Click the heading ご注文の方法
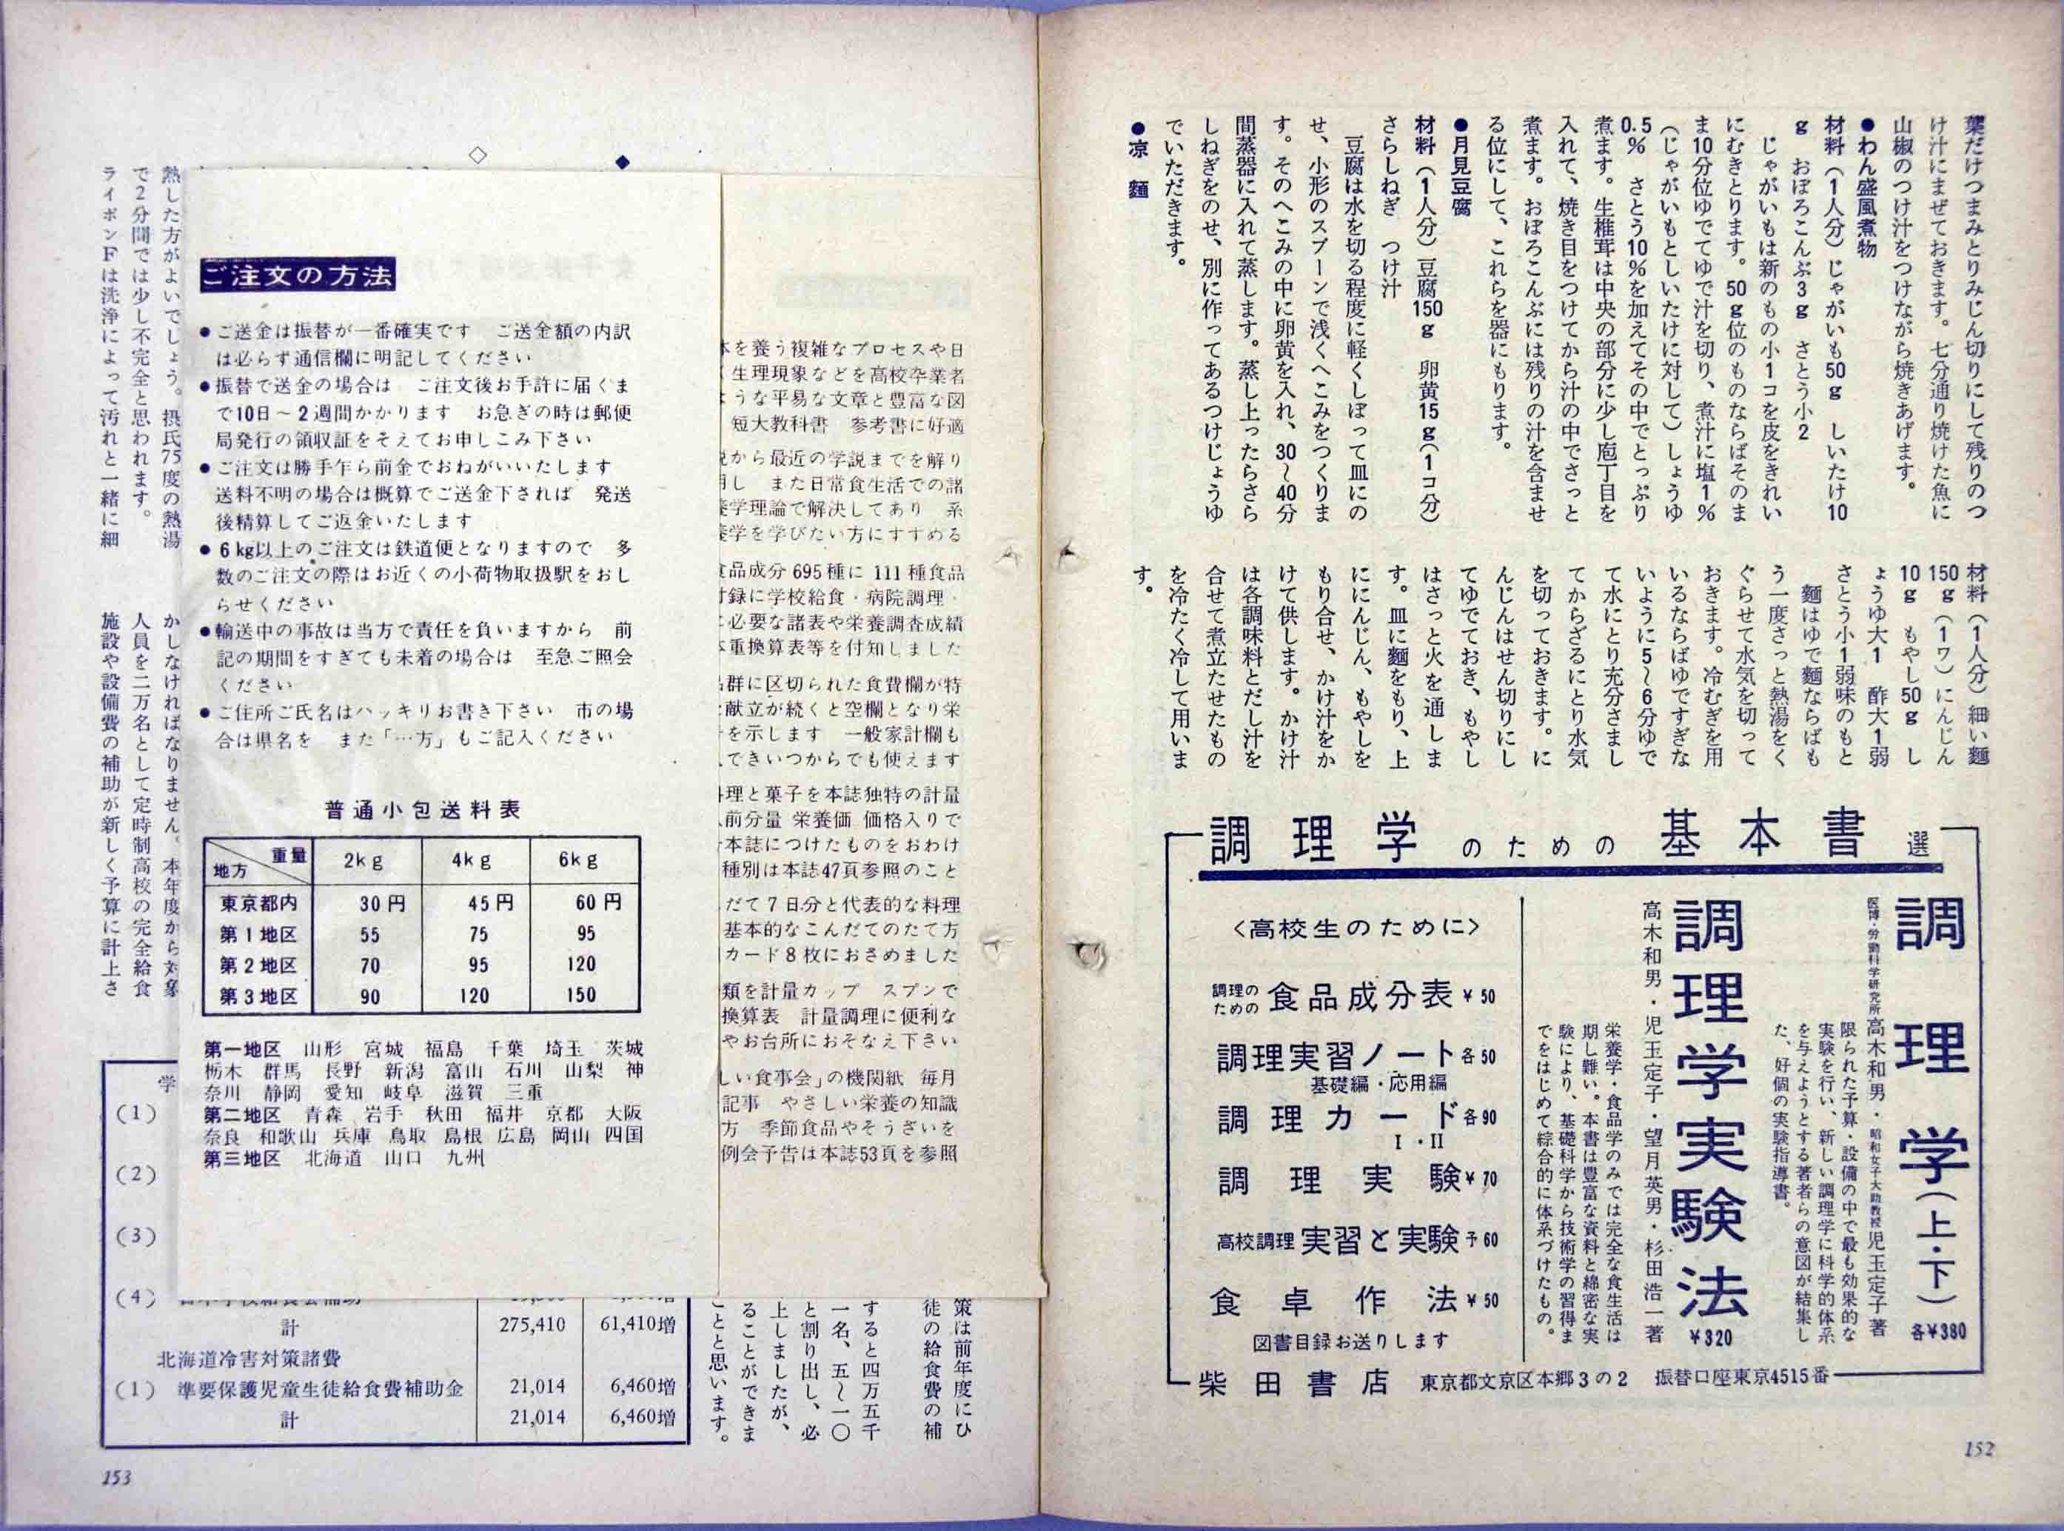click(x=298, y=276)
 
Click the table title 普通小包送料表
click(x=422, y=810)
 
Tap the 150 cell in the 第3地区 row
click(x=581, y=995)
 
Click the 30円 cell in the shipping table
click(x=383, y=902)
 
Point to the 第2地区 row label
click(x=258, y=965)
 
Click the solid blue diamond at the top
click(x=622, y=162)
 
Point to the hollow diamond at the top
click(x=478, y=155)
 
